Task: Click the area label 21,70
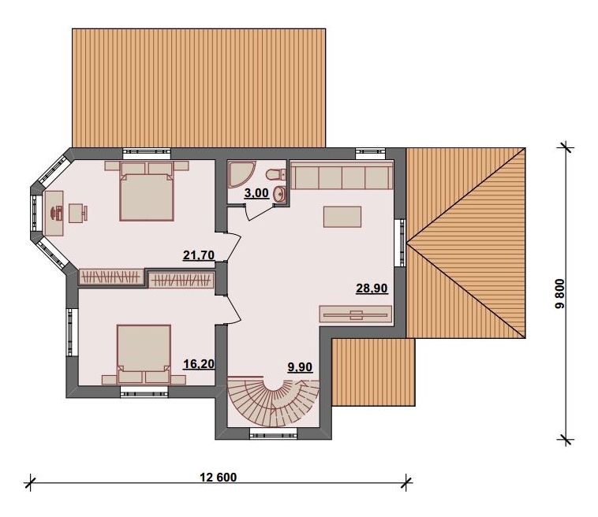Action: pos(198,255)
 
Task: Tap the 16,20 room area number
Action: pos(199,364)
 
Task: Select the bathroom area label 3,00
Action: pos(256,193)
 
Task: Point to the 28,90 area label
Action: pos(372,288)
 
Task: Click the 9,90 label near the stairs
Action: pos(300,367)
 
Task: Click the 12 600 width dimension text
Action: pos(219,477)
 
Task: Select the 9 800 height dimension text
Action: pos(560,294)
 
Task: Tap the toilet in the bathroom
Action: pos(276,174)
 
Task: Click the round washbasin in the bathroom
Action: pos(279,194)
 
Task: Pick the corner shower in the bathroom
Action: pos(241,173)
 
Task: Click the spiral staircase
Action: pos(274,402)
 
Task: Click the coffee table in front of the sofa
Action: pos(342,217)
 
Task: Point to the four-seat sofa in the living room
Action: pos(342,176)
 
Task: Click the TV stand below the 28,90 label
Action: pos(356,315)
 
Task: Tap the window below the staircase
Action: pos(273,433)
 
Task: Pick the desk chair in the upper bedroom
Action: pos(78,213)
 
